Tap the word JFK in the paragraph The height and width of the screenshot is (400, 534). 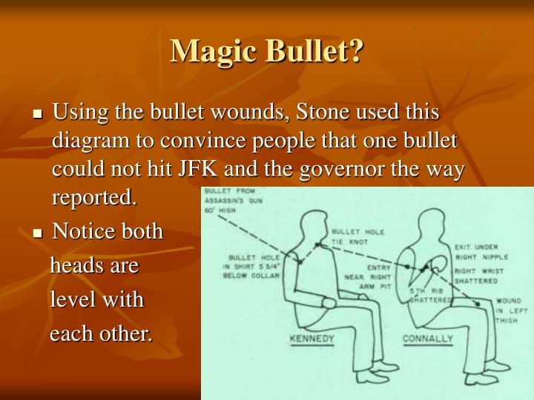197,170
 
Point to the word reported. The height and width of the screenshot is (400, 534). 95,198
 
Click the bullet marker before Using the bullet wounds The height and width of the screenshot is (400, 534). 39,114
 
